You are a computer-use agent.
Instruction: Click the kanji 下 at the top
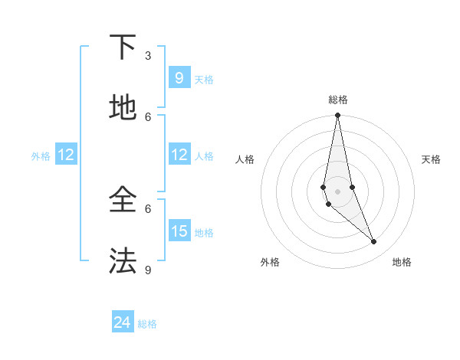point(122,48)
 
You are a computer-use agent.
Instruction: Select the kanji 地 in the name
point(122,109)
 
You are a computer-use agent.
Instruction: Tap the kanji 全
point(122,201)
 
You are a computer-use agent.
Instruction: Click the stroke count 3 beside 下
point(148,56)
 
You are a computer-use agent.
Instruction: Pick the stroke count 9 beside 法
point(148,270)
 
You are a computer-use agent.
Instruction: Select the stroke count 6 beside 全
point(148,208)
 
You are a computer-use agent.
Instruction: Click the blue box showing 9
point(179,78)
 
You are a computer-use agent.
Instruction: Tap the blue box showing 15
point(179,231)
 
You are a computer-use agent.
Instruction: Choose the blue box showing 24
point(122,322)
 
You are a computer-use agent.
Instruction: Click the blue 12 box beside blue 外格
point(66,155)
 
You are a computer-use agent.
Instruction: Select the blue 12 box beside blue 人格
point(179,155)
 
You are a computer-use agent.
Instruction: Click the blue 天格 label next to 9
point(204,80)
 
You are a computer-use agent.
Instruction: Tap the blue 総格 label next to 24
point(147,324)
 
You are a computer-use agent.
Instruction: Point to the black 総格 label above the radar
point(338,100)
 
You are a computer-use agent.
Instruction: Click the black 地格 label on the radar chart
point(402,262)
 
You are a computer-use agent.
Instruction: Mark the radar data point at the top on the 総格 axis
point(337,116)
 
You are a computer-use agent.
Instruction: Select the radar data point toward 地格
point(374,242)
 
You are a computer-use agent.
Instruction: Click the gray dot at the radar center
point(337,191)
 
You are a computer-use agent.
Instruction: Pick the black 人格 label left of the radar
point(245,159)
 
